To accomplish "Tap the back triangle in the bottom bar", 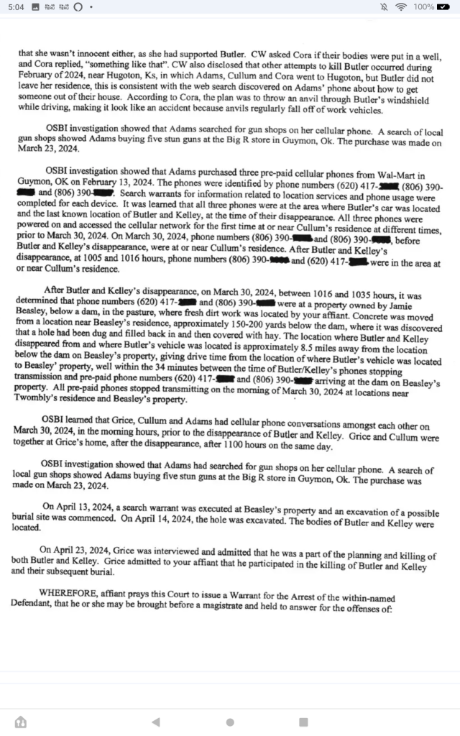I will tap(156, 722).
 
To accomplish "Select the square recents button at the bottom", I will tap(303, 722).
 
